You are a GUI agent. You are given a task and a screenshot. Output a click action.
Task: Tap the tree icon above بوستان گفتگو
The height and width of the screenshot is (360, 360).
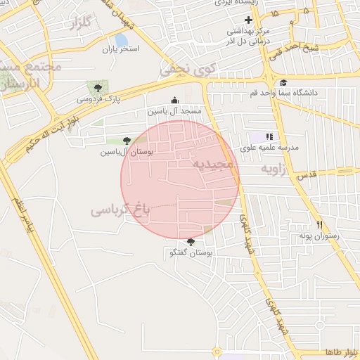(191, 242)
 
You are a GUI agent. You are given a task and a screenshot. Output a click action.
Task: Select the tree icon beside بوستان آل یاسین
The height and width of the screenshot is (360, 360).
(127, 141)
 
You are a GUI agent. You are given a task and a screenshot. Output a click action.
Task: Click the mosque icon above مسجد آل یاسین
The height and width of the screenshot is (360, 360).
(175, 101)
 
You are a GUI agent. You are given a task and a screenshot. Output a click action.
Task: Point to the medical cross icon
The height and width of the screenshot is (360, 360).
(248, 20)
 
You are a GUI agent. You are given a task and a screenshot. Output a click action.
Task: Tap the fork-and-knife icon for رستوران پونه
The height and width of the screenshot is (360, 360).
(319, 225)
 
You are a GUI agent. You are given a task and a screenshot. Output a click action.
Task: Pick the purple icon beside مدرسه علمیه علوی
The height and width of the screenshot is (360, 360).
(270, 136)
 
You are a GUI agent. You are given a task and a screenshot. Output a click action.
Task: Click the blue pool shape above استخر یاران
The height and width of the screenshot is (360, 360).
(121, 40)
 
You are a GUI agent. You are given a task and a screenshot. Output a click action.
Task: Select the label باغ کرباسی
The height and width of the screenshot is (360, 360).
(121, 209)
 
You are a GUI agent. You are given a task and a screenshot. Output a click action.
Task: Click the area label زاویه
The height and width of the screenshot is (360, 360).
(275, 169)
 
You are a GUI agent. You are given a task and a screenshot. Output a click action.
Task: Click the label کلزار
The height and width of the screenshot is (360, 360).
(82, 25)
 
